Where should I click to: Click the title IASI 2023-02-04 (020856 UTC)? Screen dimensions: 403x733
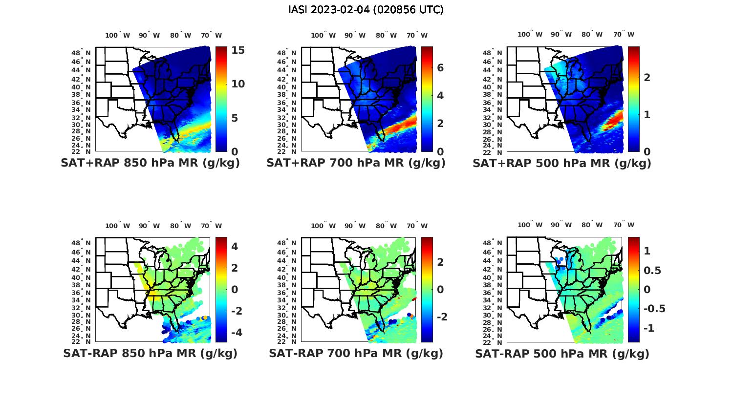[x=366, y=10]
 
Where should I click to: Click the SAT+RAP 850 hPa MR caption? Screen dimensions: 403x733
[x=150, y=163]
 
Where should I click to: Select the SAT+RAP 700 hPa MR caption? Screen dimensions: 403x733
[x=356, y=163]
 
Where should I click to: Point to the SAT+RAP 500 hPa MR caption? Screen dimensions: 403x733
[x=562, y=163]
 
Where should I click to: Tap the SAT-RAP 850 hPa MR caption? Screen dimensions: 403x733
[x=150, y=353]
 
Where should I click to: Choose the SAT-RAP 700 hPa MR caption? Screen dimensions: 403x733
[x=356, y=353]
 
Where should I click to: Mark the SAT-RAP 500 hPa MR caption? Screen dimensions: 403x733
[x=562, y=353]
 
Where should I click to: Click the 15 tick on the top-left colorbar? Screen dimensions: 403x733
[x=238, y=50]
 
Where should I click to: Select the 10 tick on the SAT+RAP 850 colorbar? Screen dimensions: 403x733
[x=238, y=84]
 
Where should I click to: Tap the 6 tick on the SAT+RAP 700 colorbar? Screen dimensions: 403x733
[x=440, y=68]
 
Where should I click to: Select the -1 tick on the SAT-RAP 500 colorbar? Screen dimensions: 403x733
[x=649, y=328]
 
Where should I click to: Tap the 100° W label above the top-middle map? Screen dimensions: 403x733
[x=323, y=35]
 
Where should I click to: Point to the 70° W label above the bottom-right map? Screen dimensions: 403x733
[x=624, y=225]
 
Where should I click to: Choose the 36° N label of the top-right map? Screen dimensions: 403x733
[x=496, y=103]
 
